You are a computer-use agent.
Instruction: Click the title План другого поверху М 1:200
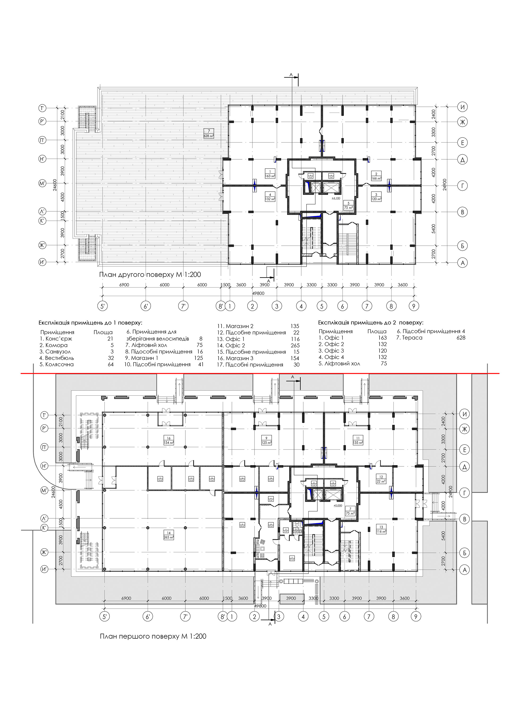pyautogui.click(x=150, y=275)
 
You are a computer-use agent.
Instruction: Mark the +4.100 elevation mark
pyautogui.click(x=336, y=198)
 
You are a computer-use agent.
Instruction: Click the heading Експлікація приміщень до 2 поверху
pyautogui.click(x=371, y=322)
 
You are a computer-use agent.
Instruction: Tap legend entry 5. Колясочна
pyautogui.click(x=57, y=365)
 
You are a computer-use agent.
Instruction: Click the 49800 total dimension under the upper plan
pyautogui.click(x=258, y=293)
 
